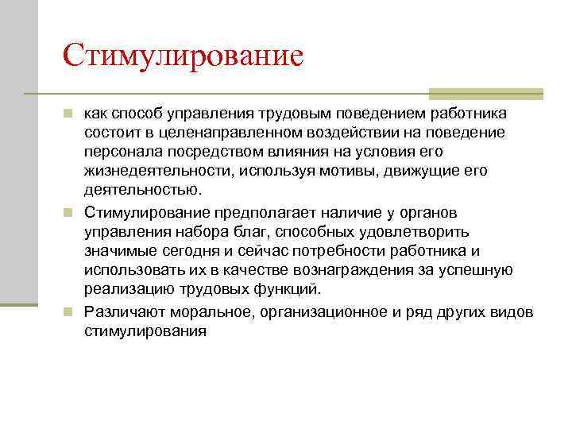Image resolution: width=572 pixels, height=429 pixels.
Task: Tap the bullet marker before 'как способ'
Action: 69,114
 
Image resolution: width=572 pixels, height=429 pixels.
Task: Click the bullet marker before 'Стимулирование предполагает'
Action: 69,213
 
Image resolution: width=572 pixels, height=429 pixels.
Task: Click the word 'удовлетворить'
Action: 415,232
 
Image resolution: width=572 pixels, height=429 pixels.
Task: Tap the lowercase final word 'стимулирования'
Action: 145,330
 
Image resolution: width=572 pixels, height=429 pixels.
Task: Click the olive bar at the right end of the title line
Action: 485,92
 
